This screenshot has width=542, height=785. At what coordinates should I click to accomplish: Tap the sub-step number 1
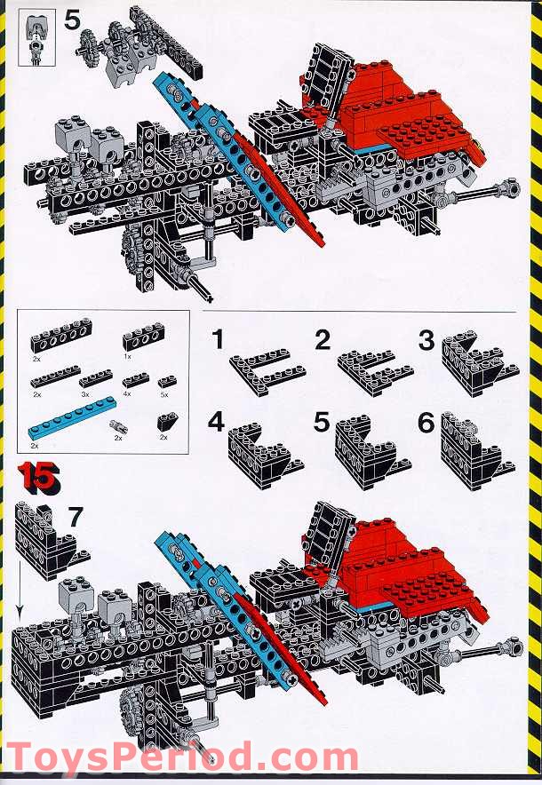pyautogui.click(x=216, y=339)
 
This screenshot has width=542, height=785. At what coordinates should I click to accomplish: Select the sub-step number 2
pyautogui.click(x=322, y=339)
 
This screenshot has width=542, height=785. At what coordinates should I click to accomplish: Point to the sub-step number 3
pyautogui.click(x=427, y=339)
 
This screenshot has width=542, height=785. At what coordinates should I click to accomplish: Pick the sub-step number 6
pyautogui.click(x=427, y=423)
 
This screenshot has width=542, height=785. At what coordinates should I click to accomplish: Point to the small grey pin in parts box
pyautogui.click(x=119, y=427)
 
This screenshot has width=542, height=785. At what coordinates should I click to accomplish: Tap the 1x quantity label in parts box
pyautogui.click(x=128, y=355)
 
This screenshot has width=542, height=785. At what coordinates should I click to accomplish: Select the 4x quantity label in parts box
pyautogui.click(x=128, y=392)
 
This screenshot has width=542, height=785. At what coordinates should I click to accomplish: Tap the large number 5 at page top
pyautogui.click(x=73, y=20)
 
